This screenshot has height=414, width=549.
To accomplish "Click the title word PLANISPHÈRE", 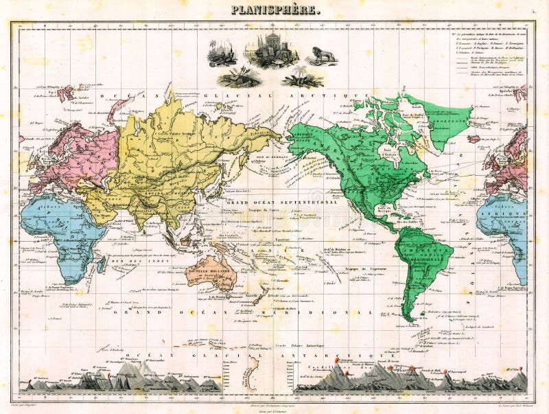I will pos(274,10).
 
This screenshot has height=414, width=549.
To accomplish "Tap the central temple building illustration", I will pos(274,48).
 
